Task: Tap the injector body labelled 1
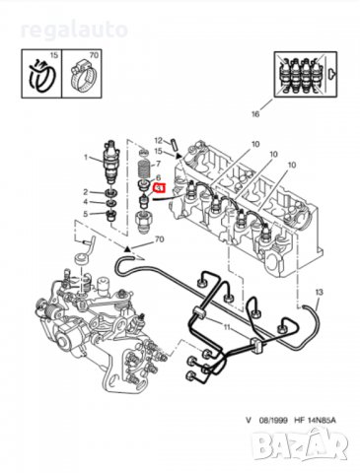click(x=111, y=159)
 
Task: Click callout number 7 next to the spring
click(x=160, y=164)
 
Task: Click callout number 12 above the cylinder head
click(x=158, y=141)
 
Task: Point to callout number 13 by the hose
click(x=319, y=294)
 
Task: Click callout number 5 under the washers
click(x=86, y=214)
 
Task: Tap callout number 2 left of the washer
click(x=86, y=191)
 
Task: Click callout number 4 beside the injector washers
click(x=86, y=203)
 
